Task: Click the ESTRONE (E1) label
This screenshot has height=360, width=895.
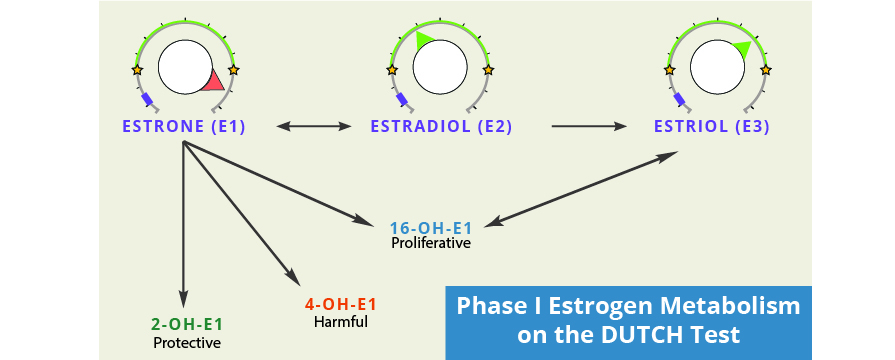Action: tap(184, 127)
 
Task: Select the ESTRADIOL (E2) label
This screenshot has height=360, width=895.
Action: tap(441, 127)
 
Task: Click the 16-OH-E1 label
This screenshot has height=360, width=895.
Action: tap(431, 227)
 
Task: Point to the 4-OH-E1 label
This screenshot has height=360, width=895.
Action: tap(340, 305)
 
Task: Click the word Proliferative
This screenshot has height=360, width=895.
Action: tap(431, 243)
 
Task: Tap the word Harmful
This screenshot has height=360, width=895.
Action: tap(340, 322)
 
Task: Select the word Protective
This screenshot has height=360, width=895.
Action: tap(186, 343)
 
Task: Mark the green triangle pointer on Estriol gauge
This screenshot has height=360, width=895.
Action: tap(741, 49)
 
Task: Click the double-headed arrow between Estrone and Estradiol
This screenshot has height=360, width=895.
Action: tap(314, 127)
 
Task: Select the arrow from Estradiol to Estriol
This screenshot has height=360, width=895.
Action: tap(589, 127)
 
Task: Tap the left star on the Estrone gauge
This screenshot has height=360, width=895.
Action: tap(137, 70)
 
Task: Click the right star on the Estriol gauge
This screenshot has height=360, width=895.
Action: tap(766, 70)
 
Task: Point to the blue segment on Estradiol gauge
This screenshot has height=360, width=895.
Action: tap(402, 100)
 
